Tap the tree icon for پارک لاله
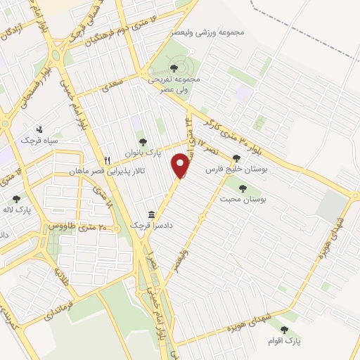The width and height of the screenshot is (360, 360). [x=16, y=199]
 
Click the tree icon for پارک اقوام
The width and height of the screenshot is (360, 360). [x=284, y=329]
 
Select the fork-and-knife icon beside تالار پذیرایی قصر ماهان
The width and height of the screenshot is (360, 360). [x=108, y=160]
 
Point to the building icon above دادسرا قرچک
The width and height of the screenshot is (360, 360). [x=150, y=214]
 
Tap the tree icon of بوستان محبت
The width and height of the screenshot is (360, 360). [x=243, y=188]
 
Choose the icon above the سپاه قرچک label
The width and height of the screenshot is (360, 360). [x=39, y=129]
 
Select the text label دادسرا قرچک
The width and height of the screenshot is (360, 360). [x=150, y=225]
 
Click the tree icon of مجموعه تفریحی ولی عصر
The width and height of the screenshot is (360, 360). [x=174, y=68]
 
